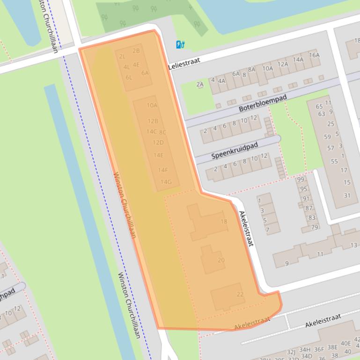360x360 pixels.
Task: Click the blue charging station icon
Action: pos(181,45)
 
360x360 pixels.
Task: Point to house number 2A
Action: pos(200,85)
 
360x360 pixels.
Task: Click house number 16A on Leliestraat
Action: pos(314,55)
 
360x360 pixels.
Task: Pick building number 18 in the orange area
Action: pos(223,222)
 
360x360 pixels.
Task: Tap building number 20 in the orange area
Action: pos(221,260)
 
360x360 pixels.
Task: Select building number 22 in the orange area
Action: pos(240,294)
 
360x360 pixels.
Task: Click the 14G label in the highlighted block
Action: pos(166,182)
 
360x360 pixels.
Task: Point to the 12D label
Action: pos(158,143)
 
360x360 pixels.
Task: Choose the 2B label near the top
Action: pos(136,51)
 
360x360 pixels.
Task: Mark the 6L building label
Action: pos(129,78)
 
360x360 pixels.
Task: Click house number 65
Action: pos(319,107)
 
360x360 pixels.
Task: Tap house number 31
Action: pos(347,195)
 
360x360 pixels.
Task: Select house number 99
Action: pos(301,180)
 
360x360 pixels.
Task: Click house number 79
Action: pos(315,228)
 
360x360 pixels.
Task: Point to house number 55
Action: pos(334,161)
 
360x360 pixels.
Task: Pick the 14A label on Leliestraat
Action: pos(298,59)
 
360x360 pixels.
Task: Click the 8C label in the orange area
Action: pos(162,132)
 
